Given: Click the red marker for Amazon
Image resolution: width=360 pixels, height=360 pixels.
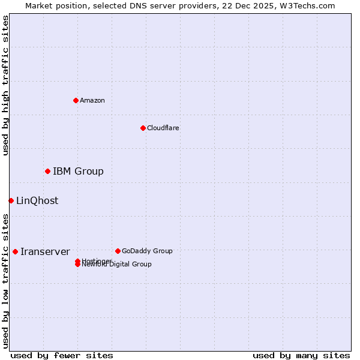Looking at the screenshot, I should (x=76, y=100).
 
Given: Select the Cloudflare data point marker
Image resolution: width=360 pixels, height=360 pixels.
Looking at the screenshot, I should (x=143, y=128).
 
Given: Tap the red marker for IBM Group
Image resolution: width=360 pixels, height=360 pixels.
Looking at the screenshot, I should (x=47, y=172).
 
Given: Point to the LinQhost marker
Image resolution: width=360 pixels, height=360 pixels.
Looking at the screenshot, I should (x=11, y=200).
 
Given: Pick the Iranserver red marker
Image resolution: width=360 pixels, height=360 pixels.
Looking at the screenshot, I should (x=15, y=251).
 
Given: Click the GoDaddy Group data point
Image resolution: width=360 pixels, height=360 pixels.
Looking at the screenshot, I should (x=118, y=251).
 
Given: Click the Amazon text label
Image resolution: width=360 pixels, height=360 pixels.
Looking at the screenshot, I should (x=92, y=100).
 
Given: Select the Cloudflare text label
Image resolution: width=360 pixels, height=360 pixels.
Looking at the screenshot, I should (x=163, y=128).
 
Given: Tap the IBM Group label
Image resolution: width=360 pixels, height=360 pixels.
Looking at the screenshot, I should (x=78, y=172).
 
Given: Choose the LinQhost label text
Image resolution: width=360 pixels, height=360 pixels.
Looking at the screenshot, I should (x=37, y=201).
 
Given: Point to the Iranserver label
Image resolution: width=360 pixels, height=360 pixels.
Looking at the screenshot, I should (x=45, y=252).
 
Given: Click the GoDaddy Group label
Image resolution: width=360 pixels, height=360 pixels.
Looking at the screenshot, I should (x=147, y=251).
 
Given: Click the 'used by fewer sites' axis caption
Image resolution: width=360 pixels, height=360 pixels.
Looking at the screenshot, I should (x=62, y=355).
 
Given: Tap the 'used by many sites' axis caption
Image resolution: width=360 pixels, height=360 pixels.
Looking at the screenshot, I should (x=301, y=355).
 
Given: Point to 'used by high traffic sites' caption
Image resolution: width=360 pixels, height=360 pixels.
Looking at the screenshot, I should (x=5, y=85).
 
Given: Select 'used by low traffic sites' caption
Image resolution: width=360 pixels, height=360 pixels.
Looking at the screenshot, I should (x=5, y=281).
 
